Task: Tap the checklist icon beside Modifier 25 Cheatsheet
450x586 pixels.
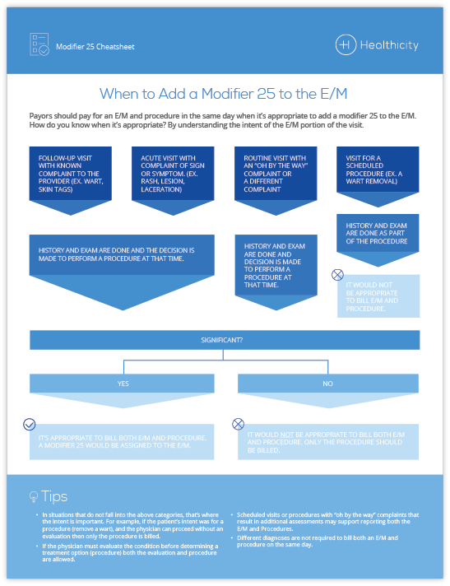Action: pos(39,44)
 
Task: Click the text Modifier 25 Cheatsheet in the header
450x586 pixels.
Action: pos(95,47)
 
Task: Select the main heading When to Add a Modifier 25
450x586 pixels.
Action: pos(225,94)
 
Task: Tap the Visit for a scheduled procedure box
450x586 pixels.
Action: pos(378,169)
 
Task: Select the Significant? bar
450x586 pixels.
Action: pos(225,340)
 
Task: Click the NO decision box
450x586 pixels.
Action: pos(328,383)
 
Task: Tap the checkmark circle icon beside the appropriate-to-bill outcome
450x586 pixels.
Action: pos(30,425)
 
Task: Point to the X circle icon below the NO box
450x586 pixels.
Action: pos(239,425)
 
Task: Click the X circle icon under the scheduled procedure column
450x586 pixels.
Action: pos(336,275)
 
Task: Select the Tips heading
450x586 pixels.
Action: pos(54,497)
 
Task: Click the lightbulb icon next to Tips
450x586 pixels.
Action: pos(34,497)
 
